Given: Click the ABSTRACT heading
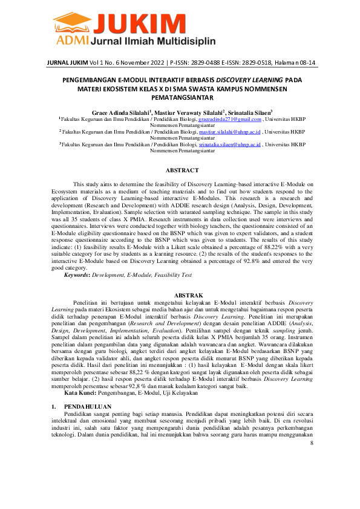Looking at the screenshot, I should (182, 170).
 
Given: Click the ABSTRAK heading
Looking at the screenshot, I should (182, 294).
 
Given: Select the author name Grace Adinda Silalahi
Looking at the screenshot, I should (120, 112).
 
